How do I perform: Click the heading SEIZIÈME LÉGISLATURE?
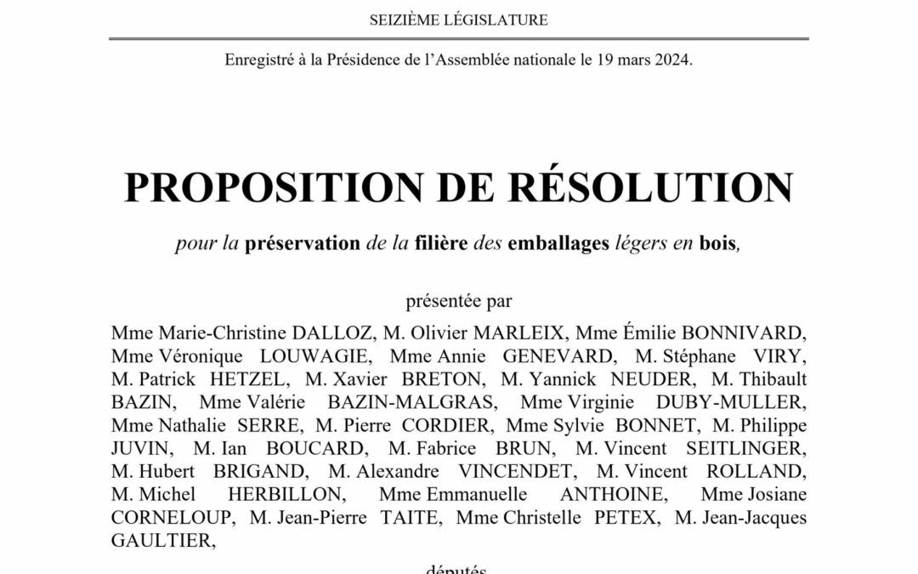coord(459,19)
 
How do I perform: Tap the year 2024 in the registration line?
coord(675,61)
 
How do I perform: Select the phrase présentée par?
coord(459,300)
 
